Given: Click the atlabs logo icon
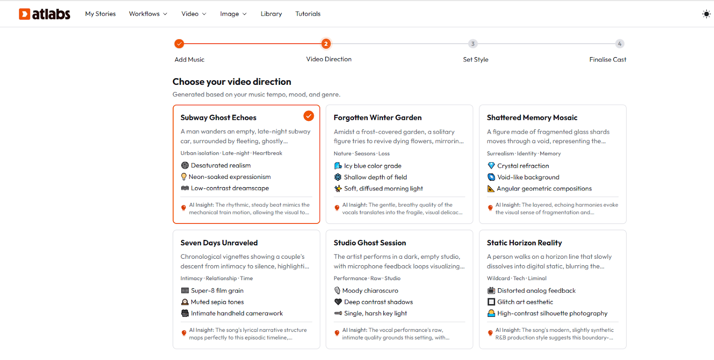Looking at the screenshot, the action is pos(25,14).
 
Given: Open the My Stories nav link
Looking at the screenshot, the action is pos(100,14).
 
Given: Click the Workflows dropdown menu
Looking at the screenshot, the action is pos(148,14).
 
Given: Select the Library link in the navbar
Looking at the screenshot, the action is pos(271,14).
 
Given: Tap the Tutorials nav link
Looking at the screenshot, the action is pos(308,14).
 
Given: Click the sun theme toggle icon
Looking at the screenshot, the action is pos(706,14).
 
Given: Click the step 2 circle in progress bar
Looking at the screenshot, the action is pos(326,44).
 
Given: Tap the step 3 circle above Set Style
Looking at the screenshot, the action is pos(473,44).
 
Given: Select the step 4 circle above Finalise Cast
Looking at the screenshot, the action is pos(620,44).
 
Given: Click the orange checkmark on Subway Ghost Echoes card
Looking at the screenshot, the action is pos(308,116).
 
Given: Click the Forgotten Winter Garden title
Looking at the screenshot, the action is pos(378,118).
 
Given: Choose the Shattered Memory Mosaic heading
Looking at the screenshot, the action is pos(532,118).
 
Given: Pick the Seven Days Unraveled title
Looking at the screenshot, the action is pos(219,243).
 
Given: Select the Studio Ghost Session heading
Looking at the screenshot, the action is pos(370,243).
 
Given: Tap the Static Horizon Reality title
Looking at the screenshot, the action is pos(524,243).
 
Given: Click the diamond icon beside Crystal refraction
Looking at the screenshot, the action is pos(491,166).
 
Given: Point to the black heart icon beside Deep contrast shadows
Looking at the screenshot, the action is pos(338,302).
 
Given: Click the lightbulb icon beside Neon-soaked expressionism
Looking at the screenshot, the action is pos(183,177).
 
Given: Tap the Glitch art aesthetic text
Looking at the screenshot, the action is pos(525,302).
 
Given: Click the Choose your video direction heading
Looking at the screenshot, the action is pos(232,82).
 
